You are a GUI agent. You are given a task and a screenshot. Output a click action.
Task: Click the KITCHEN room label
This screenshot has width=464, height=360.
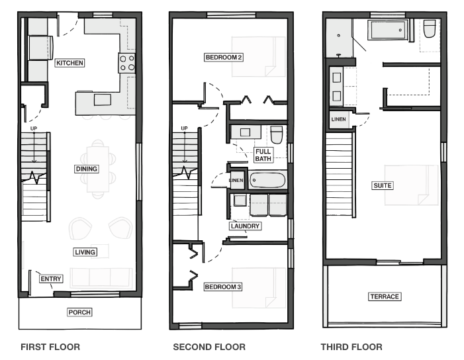[70, 63]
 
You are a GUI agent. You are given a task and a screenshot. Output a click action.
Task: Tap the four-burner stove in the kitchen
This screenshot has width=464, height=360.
[127, 63]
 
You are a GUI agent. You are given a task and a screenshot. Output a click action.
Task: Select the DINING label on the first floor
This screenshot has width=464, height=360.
[87, 169]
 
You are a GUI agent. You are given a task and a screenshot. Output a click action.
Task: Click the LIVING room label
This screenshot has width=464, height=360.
[85, 252]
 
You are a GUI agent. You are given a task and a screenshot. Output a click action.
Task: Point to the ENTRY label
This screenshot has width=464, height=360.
[51, 279]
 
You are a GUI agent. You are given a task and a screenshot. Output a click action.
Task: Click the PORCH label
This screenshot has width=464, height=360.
[79, 312]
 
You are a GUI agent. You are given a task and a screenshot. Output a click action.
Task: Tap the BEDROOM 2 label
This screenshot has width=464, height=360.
[224, 57]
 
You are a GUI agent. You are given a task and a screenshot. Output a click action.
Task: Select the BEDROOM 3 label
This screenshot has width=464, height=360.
[223, 287]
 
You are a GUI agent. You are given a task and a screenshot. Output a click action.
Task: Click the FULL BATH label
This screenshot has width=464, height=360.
[263, 155]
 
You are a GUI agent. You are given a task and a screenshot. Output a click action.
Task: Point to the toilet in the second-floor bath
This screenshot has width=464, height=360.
[277, 134]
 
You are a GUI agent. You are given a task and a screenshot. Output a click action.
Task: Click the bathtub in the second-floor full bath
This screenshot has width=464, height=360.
[267, 180]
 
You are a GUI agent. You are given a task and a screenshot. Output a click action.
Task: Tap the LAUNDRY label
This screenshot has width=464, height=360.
[245, 226]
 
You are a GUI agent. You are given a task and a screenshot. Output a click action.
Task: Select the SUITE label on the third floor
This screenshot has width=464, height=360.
[383, 185]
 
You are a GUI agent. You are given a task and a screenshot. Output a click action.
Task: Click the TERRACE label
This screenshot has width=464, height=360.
[385, 296]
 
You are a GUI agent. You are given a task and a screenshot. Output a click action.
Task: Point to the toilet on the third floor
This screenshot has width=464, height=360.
[430, 28]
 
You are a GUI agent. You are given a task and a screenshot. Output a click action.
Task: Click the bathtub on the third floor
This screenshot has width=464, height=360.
[388, 30]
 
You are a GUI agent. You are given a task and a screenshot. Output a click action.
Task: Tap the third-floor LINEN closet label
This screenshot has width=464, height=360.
[338, 119]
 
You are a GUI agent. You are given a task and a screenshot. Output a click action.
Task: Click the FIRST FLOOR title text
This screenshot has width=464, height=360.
[50, 347]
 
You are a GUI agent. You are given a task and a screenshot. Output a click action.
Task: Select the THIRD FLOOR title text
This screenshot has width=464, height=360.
[351, 347]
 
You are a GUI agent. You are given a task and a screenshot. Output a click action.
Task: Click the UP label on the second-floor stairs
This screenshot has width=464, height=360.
[185, 128]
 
